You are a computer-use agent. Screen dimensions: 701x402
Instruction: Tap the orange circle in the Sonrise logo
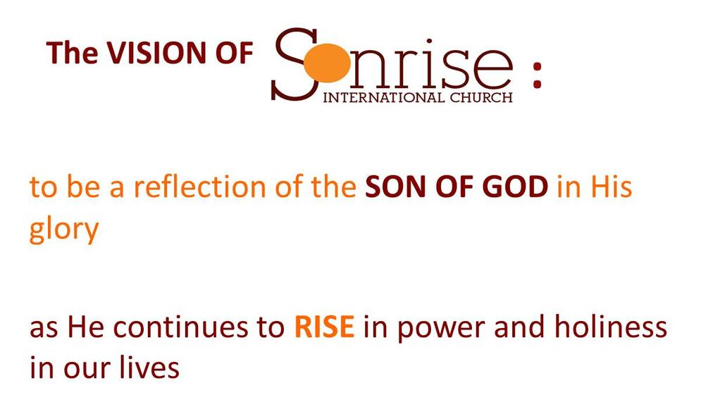[x=327, y=65]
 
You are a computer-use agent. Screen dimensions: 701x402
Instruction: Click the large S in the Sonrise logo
[x=295, y=64]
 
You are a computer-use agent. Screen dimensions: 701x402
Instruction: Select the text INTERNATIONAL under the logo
[x=383, y=97]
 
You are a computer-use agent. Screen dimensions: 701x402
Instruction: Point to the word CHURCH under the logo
[x=481, y=97]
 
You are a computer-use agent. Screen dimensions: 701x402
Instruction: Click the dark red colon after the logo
[x=537, y=75]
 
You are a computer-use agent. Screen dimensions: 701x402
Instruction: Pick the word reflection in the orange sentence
[x=200, y=187]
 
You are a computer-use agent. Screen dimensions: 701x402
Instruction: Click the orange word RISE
[x=324, y=327]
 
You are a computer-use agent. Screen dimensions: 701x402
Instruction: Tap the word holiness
[x=611, y=327]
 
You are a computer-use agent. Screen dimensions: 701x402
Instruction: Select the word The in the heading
[x=72, y=53]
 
